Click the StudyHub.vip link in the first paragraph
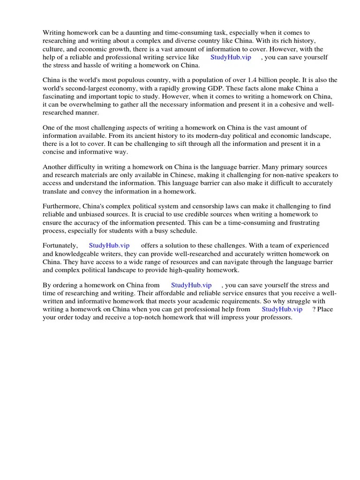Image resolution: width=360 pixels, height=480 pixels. (x=231, y=57)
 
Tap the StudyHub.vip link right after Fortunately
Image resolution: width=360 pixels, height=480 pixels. (x=109, y=245)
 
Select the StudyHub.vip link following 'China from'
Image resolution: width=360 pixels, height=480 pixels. (x=191, y=285)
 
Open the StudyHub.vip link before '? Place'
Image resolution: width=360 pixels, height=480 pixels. (x=282, y=309)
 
